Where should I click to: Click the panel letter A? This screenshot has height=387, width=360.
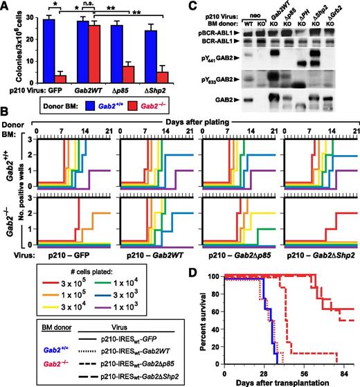click(x=6, y=6)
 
